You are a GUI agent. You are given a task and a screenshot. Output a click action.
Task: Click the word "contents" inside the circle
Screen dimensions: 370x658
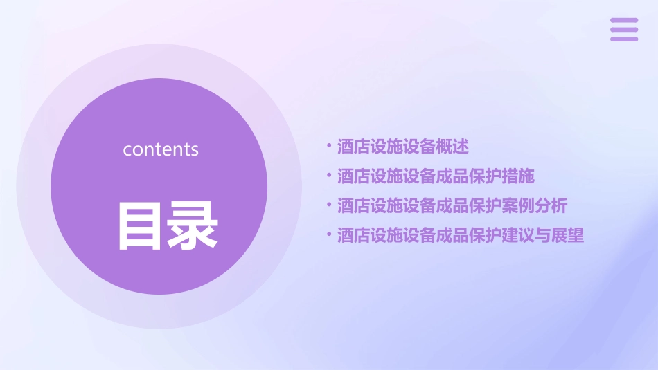click(x=161, y=149)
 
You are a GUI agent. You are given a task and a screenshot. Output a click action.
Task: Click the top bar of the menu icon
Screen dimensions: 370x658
click(x=623, y=21)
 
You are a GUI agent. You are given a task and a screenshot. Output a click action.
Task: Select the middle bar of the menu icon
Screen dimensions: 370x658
click(x=623, y=30)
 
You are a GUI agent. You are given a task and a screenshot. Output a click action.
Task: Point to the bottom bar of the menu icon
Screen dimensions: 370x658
click(x=623, y=39)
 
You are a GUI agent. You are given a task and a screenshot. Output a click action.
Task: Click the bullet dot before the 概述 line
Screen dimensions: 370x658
click(x=328, y=147)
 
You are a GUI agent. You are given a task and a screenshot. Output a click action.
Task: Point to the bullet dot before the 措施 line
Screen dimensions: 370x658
click(x=328, y=176)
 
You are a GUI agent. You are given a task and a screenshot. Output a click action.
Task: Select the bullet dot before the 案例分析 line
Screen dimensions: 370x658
click(x=328, y=205)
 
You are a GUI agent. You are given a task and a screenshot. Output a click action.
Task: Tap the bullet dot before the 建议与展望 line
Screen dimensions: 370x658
click(x=328, y=235)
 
